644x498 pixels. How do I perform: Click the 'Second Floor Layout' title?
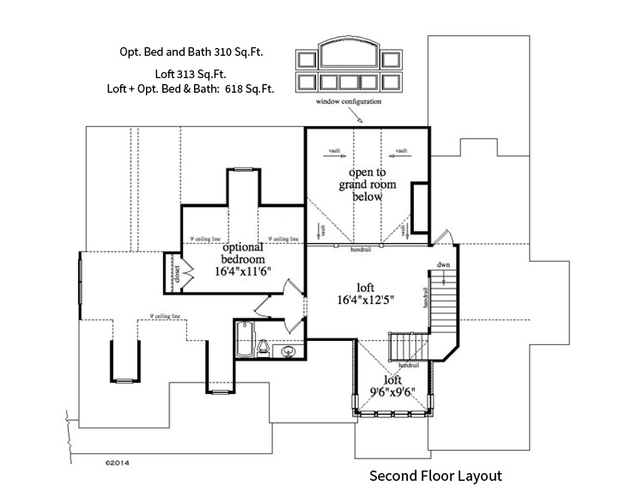[434, 474]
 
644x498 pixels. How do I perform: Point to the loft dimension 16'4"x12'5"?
[366, 301]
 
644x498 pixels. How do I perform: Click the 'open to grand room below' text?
[366, 185]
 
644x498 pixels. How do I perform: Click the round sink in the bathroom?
[289, 349]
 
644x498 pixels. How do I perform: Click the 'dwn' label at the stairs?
[443, 264]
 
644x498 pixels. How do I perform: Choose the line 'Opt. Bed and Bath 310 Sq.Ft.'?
[191, 52]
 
